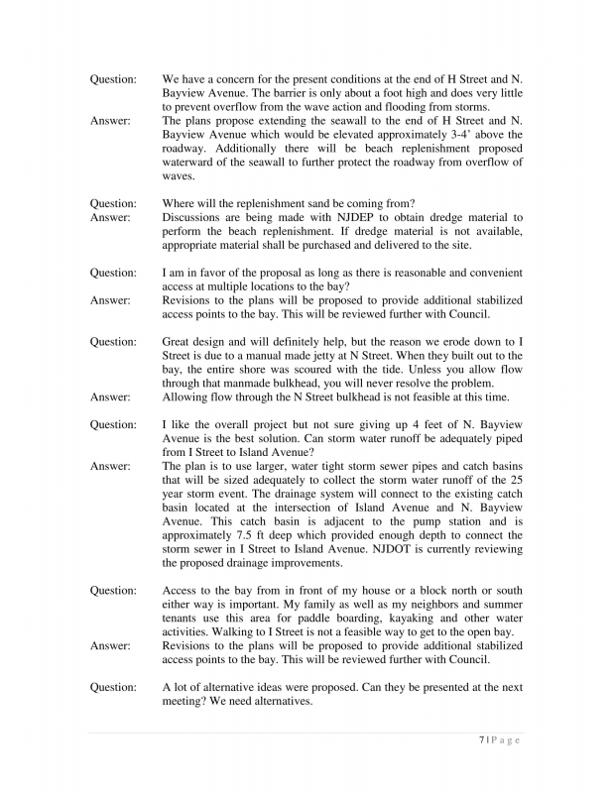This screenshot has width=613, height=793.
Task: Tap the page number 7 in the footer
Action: tap(481, 739)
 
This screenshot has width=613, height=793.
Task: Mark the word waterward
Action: tap(190, 162)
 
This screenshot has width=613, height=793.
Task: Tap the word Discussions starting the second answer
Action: tap(195, 217)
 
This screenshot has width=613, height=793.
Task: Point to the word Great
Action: tap(179, 342)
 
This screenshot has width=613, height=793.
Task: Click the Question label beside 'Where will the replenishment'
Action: tap(114, 203)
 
